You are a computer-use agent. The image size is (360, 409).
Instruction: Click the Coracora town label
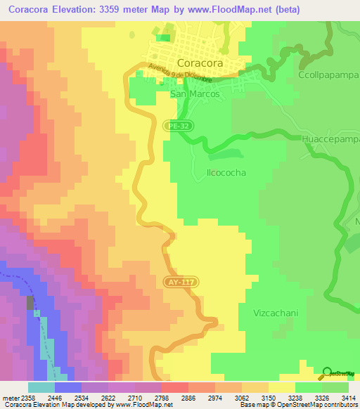(x=200, y=63)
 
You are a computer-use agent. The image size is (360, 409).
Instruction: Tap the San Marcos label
(x=195, y=93)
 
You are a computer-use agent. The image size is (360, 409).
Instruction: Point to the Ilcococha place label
(x=217, y=171)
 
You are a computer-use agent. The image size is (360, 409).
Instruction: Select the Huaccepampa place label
(x=331, y=140)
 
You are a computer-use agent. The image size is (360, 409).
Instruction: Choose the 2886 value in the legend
(x=186, y=397)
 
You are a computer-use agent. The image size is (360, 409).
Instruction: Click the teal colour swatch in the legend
(x=41, y=387)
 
